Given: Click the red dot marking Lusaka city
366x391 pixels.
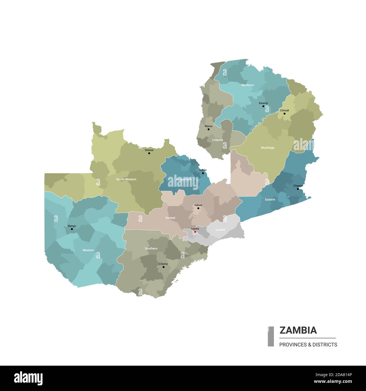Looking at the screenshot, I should pos(195,232).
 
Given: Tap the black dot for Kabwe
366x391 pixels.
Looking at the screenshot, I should pos(198,208).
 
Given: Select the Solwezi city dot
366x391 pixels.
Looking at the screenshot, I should pos(149,153).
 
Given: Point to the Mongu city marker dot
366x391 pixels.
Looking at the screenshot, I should pos(72,229).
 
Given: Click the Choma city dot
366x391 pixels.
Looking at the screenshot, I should pos(163,267).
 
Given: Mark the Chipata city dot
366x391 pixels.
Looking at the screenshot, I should pos(298,189).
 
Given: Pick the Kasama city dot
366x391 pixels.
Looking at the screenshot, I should pos(263,106).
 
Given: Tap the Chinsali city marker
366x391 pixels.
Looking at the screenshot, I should pos(284,113).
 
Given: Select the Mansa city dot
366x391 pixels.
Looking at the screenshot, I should pos(208,129).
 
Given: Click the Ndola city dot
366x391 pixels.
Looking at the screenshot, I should pos(203,173).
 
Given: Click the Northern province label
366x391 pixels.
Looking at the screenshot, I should pos(247,85).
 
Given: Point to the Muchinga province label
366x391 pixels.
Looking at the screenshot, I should pos(267,148).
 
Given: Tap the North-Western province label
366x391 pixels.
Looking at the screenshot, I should pos(126,179).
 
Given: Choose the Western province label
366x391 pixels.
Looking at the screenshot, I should pos(88,250).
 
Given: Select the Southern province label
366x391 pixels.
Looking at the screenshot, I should pos(151,248).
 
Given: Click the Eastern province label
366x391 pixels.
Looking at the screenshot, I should pos(270,199).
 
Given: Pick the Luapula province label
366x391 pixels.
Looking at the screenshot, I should pos(217,140).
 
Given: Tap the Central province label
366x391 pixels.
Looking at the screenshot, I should pos(170,218).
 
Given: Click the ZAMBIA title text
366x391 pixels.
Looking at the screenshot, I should pos(298,330).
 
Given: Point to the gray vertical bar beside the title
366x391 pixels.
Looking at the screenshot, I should pos(271,336).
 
